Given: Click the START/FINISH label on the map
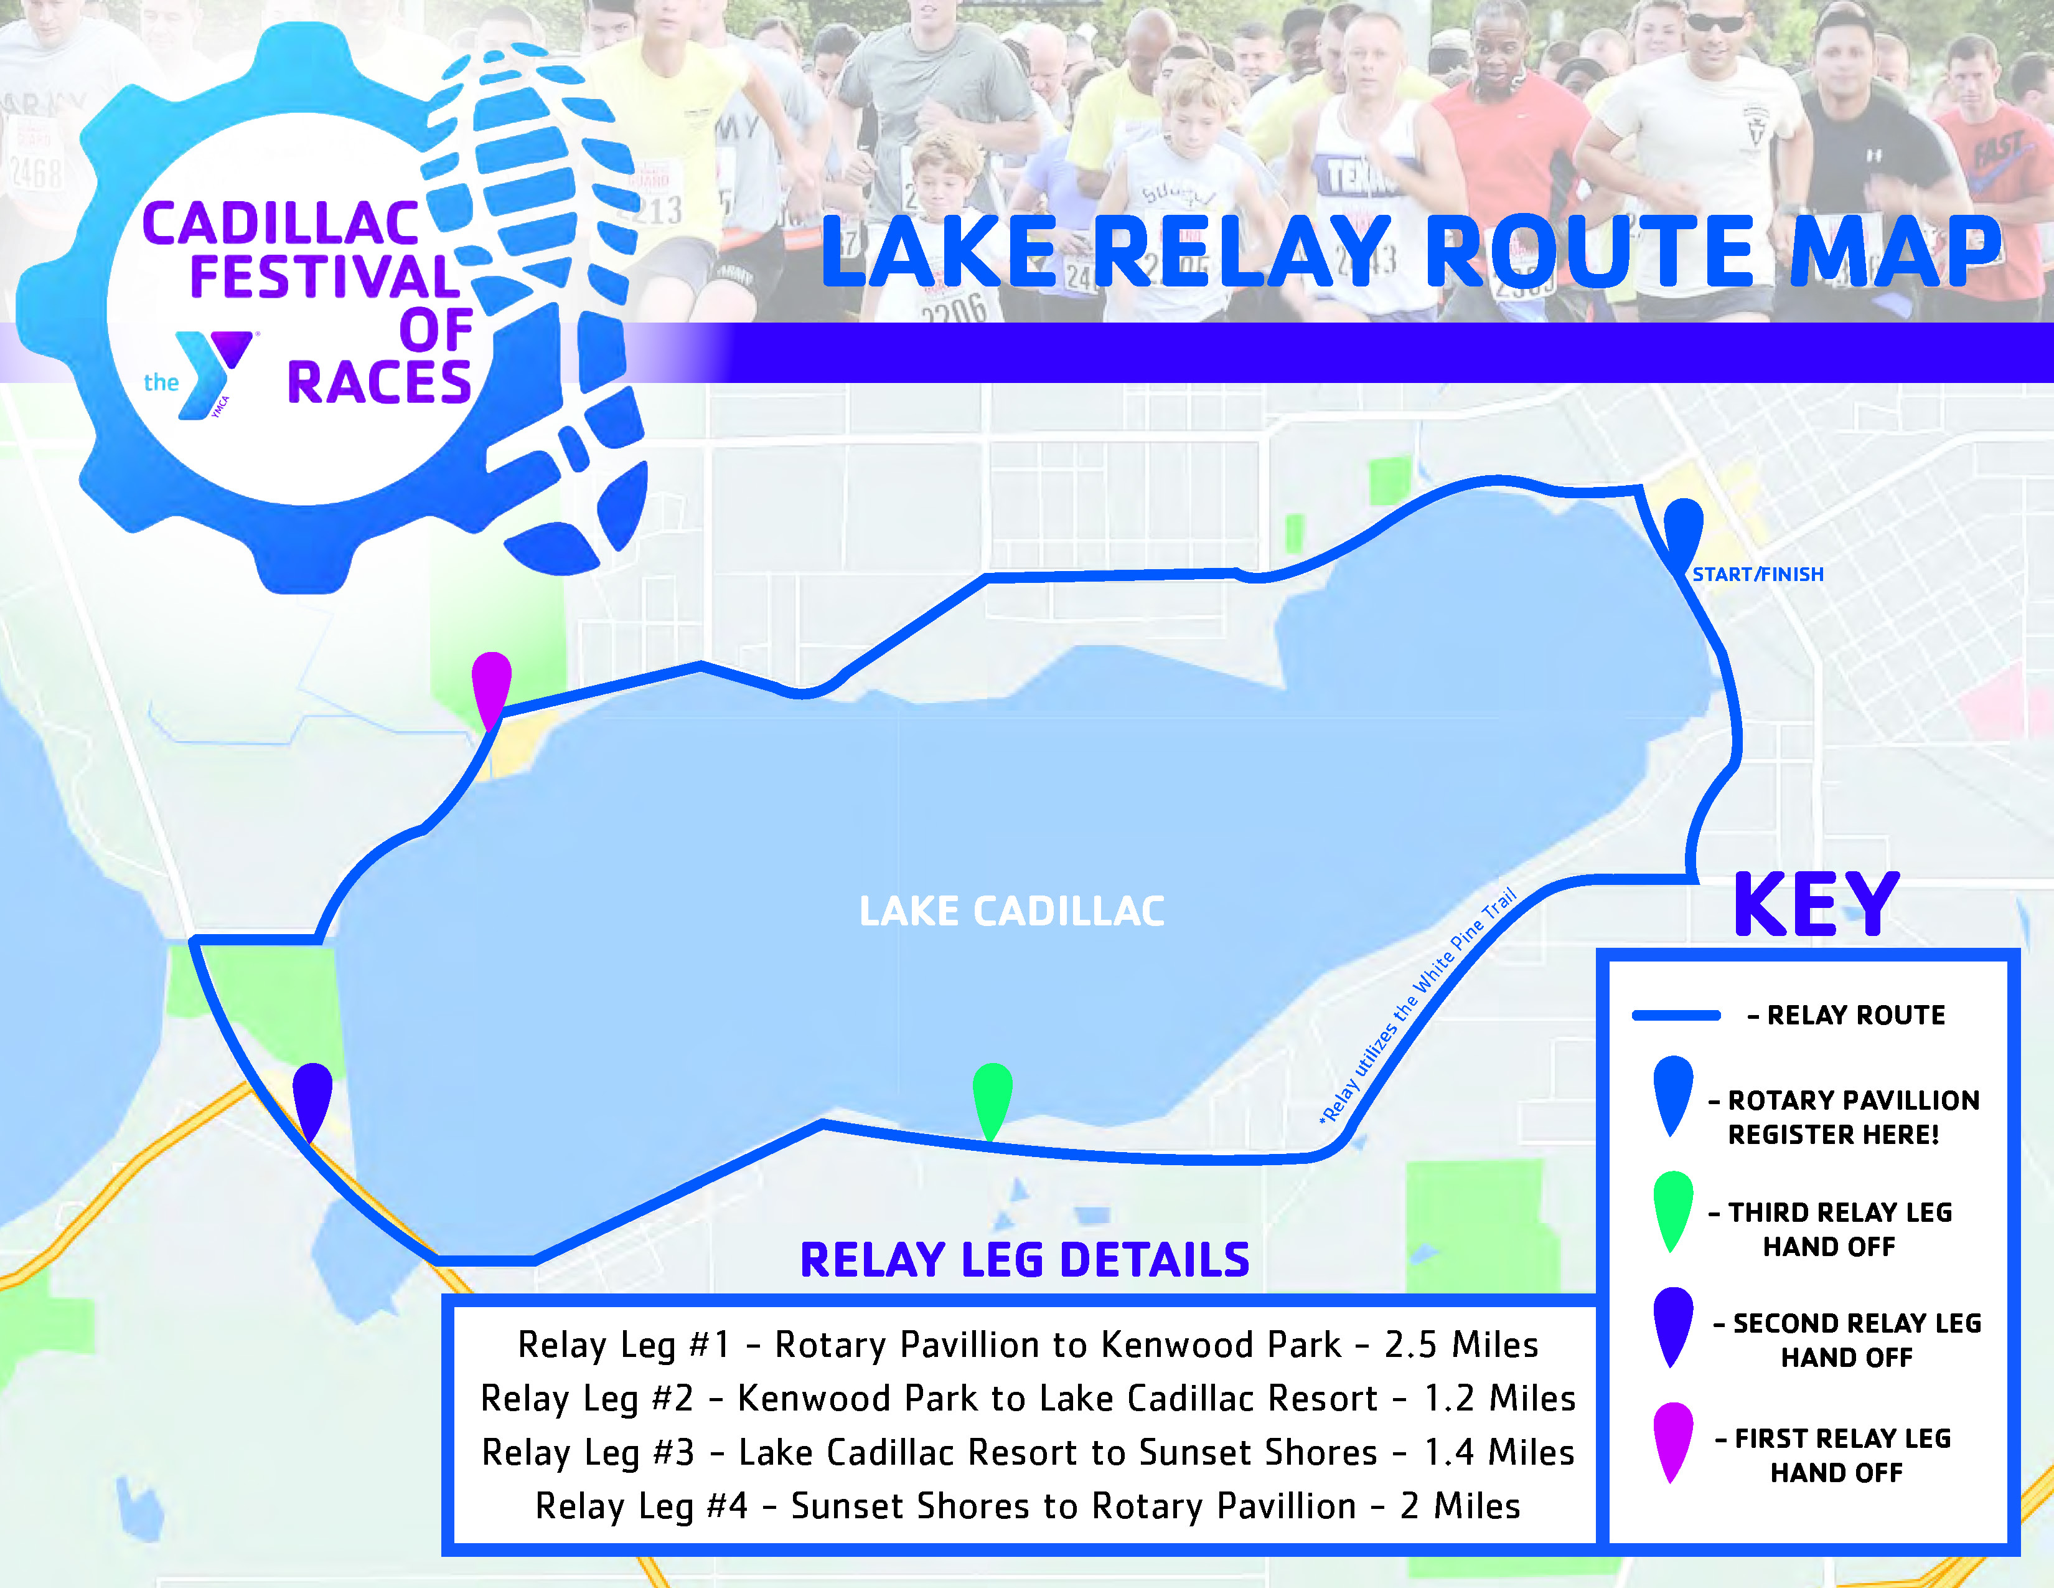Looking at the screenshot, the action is click(1758, 574).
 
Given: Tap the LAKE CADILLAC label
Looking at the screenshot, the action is click(1012, 910).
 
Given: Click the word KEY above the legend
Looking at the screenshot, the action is click(1816, 904).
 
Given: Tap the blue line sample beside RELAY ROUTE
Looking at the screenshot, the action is click(1676, 1015).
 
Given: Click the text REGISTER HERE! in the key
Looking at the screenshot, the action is click(1834, 1135).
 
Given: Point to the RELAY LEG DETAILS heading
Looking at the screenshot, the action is click(1025, 1260).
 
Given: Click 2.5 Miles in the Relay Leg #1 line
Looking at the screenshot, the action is click(1461, 1345).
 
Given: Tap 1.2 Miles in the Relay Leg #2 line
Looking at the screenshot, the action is click(1500, 1398).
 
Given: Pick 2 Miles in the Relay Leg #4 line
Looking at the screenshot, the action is click(1460, 1506).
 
